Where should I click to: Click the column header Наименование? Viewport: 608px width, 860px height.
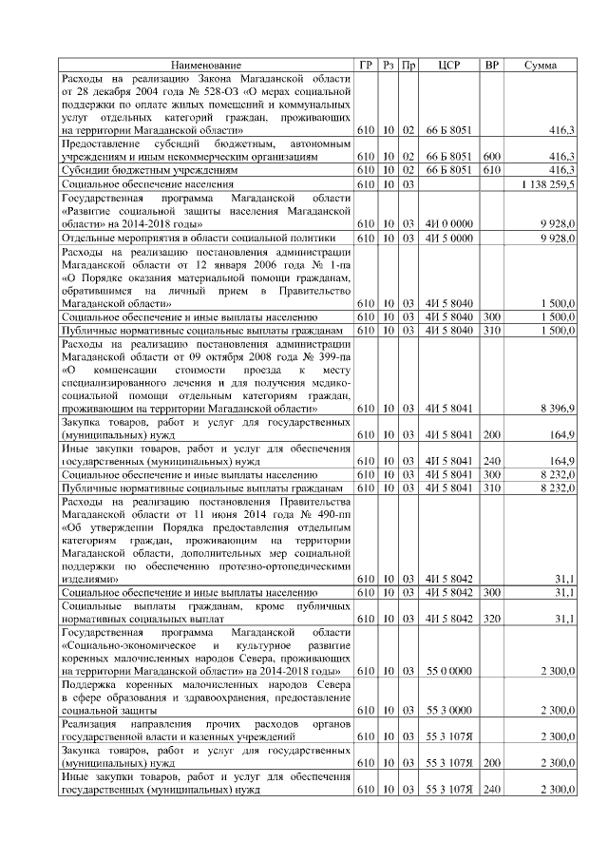pyautogui.click(x=206, y=65)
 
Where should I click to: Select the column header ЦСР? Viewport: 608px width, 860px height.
pyautogui.click(x=449, y=65)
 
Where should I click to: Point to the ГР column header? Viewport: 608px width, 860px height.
pyautogui.click(x=367, y=65)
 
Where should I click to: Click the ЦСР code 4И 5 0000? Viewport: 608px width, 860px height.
pyautogui.click(x=449, y=237)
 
